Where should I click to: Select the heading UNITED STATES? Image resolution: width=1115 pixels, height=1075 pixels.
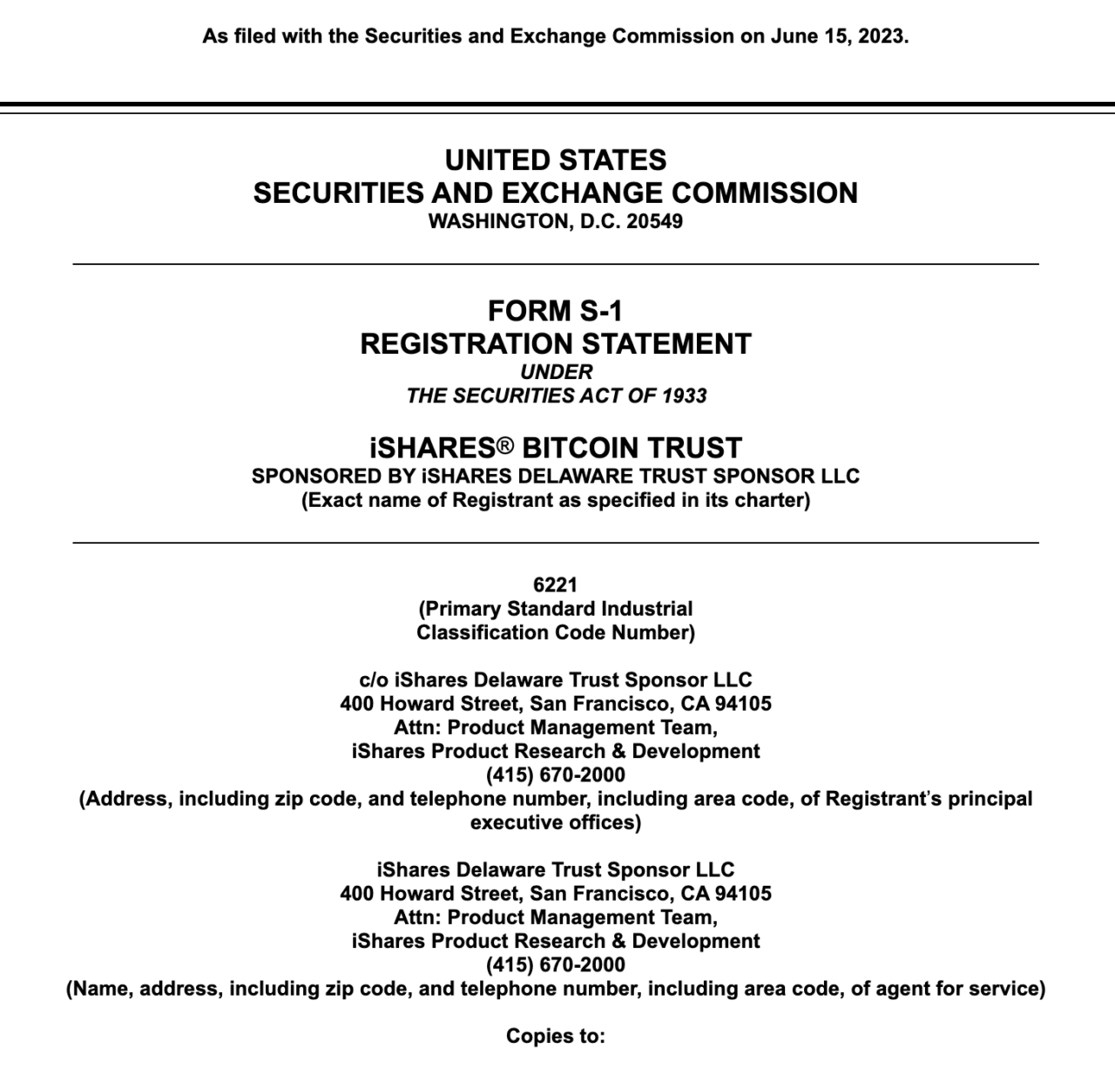[x=556, y=160]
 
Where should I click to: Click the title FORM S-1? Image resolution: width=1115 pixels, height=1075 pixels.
[x=556, y=311]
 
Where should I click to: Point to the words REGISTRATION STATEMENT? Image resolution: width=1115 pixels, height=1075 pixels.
[x=556, y=344]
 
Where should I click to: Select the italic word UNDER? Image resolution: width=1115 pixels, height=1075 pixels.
[x=556, y=372]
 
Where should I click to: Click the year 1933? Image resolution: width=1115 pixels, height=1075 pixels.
[x=684, y=396]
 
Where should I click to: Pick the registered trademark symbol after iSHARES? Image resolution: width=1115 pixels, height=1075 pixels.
[x=505, y=446]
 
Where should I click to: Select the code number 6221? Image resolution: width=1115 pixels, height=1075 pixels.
[x=556, y=585]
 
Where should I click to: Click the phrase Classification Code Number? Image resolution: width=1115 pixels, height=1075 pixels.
[x=556, y=632]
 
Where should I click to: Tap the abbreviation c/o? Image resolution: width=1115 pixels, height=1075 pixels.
[x=374, y=679]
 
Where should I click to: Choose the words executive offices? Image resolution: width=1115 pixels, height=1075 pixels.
[x=556, y=822]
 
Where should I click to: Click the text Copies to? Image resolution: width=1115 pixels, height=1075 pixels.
[x=556, y=1037]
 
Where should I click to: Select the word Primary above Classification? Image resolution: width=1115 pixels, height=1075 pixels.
[x=464, y=609]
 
